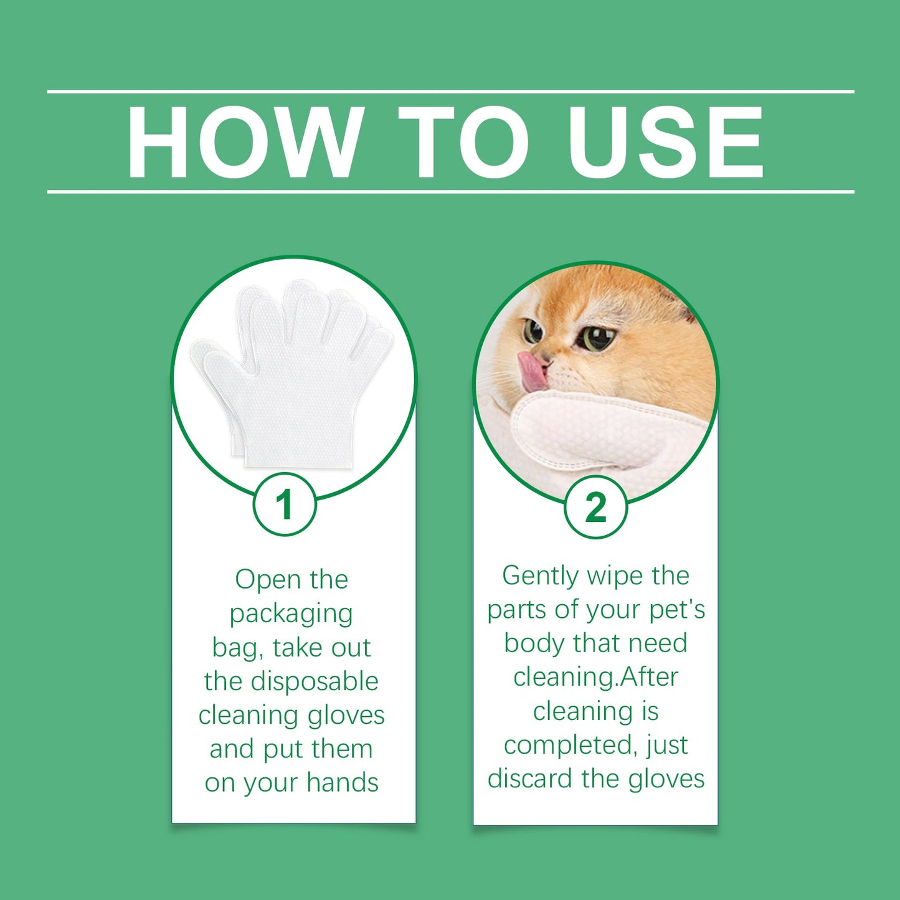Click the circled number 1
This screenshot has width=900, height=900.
click(x=285, y=504)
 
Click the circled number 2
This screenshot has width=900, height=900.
click(x=595, y=507)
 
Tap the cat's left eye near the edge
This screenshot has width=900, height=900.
click(x=533, y=330)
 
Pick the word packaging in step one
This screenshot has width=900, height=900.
click(x=291, y=614)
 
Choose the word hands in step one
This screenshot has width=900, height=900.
click(x=342, y=783)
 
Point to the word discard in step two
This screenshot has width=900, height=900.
click(x=530, y=779)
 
